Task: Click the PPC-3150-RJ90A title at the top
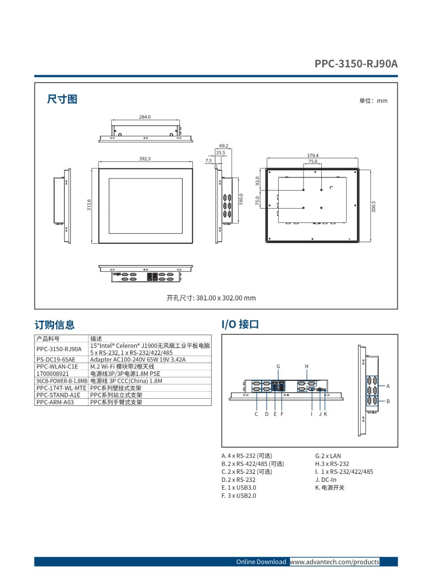point(356,63)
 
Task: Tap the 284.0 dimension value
point(145,117)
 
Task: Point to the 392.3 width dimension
point(145,159)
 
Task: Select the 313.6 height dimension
point(89,205)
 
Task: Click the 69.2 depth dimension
point(224,146)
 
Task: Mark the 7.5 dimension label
point(208,160)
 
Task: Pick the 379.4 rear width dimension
point(313,156)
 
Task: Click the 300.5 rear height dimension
point(374,207)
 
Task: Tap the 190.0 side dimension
point(241,199)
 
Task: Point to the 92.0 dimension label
point(257,181)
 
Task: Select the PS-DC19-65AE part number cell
point(56,359)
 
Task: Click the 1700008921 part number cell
point(53,374)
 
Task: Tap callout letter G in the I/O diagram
point(278,366)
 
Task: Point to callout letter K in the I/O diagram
point(326,414)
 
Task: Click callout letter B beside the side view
point(388,401)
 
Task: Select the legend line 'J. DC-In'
point(326,480)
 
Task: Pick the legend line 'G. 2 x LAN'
point(328,456)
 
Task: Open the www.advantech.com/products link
point(335,562)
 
